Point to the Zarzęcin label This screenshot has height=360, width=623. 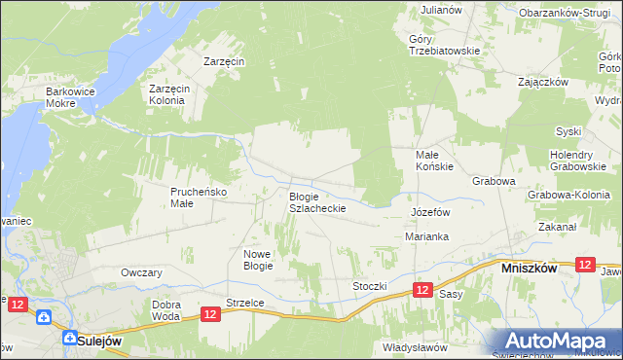(x=223, y=60)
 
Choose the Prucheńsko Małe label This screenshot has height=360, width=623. (x=199, y=198)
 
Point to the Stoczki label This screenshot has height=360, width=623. (x=371, y=286)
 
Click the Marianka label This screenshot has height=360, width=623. (x=425, y=236)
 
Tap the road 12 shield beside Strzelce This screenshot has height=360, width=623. (x=211, y=313)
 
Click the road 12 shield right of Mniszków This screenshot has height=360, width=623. (x=585, y=265)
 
